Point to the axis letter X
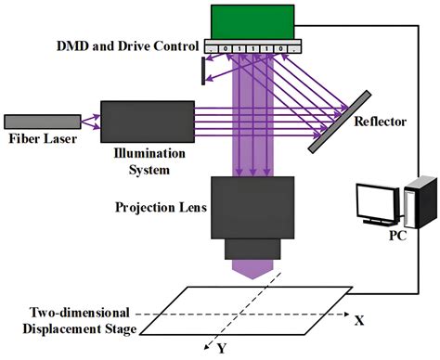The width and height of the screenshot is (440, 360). (x=357, y=319)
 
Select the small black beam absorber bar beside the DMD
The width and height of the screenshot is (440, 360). (x=202, y=71)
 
